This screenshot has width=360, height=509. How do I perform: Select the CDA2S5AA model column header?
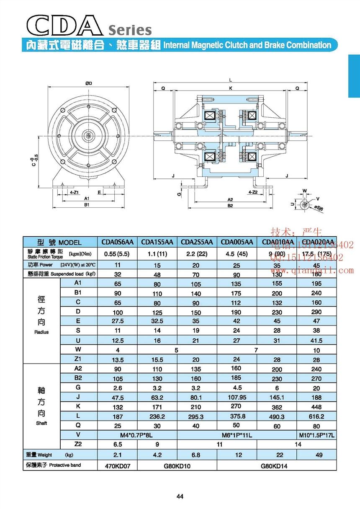(x=197, y=242)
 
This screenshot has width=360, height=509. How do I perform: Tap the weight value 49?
(x=316, y=455)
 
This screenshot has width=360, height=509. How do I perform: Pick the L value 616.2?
(x=316, y=416)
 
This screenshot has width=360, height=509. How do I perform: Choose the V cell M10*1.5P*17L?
(x=316, y=436)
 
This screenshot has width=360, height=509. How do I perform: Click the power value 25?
(x=237, y=265)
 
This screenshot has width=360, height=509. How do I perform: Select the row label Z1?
(x=77, y=359)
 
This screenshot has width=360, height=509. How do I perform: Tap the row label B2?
(x=77, y=378)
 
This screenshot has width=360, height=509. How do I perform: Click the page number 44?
(x=180, y=497)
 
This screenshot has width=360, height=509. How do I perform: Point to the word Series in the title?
(x=130, y=30)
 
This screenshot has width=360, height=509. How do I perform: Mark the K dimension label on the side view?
(x=230, y=88)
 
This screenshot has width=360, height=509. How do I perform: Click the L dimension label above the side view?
(x=230, y=80)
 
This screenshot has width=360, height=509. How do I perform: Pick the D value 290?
(x=316, y=312)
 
